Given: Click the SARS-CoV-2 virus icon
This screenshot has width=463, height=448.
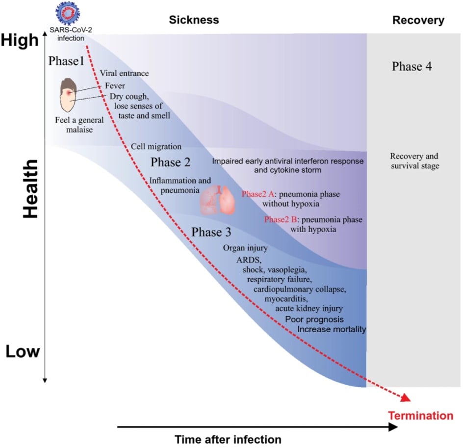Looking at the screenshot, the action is pos(68,13).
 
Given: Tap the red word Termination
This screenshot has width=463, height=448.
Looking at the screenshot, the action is pos(420,416).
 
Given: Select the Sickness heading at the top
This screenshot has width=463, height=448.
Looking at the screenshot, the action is pos(194,20).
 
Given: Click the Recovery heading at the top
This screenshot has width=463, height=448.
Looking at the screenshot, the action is pos(418,20).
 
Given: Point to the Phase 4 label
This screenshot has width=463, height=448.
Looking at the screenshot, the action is pos(412,66).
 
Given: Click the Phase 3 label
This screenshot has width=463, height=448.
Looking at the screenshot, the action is pos(211,232).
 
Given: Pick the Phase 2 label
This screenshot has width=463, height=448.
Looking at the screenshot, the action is pos(170,162).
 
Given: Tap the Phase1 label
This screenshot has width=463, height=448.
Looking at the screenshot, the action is pos(66,61).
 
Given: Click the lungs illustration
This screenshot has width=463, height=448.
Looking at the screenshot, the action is pos(218,200).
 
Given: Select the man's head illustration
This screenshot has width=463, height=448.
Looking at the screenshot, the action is pos(68,95).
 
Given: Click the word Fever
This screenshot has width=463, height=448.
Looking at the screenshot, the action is pos(115,86).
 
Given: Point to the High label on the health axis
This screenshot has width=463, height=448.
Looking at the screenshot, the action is pos(20,40).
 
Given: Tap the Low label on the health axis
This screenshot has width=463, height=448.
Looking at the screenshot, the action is pos(23,351).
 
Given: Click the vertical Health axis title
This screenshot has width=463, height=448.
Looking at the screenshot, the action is pos(31,189).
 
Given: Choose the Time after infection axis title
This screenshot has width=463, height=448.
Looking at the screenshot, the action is pos(228,440).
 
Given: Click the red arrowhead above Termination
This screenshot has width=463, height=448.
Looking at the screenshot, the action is pos(406,397).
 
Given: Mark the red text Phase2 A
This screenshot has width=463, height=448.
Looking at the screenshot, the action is pos(258,194).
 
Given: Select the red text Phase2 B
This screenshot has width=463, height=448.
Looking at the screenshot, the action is pos(281,219).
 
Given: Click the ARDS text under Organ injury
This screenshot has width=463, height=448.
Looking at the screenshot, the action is pos(249,260).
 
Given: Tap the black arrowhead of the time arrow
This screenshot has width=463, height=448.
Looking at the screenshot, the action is pos(393,427).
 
